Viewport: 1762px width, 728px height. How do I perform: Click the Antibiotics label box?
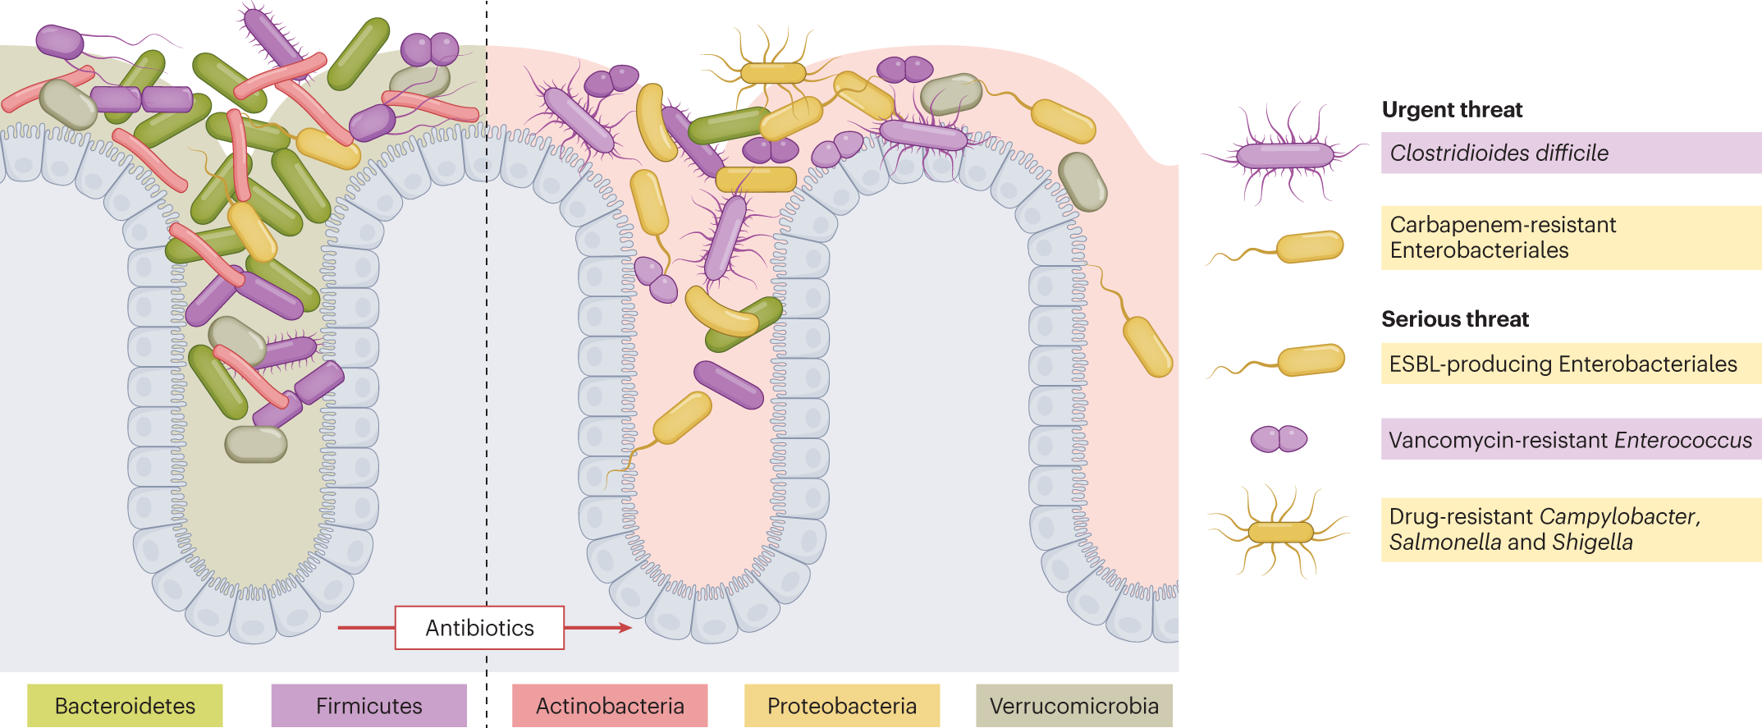click(x=479, y=628)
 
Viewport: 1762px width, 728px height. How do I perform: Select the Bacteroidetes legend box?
click(x=125, y=706)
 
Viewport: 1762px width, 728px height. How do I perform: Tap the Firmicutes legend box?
click(x=368, y=706)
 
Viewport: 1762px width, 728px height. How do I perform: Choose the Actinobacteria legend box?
click(x=609, y=706)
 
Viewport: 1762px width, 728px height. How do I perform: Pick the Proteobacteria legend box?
click(x=841, y=706)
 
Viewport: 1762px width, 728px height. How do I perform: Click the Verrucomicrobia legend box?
click(x=1073, y=706)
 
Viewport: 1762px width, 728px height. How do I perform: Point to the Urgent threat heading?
click(x=1452, y=110)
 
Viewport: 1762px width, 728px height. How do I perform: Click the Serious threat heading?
click(x=1455, y=319)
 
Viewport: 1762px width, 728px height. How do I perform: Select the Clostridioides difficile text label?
click(x=1499, y=153)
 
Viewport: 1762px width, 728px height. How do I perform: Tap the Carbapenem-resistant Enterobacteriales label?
click(x=1502, y=237)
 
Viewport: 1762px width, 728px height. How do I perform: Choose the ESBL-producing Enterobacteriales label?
click(x=1563, y=364)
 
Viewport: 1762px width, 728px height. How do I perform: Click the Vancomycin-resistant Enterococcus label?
click(x=1569, y=440)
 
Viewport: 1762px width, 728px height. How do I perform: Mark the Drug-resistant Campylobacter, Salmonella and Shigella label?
click(x=1543, y=529)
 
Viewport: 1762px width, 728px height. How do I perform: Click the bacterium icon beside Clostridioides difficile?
click(x=1284, y=154)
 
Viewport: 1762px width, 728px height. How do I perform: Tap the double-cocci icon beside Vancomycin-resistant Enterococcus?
click(x=1279, y=439)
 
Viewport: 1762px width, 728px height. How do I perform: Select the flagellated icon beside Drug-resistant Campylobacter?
click(x=1280, y=532)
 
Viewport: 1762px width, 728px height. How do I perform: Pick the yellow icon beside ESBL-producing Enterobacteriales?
click(x=1311, y=360)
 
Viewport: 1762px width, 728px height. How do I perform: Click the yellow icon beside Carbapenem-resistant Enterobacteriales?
click(x=1310, y=246)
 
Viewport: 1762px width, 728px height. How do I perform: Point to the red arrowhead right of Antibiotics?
click(x=625, y=628)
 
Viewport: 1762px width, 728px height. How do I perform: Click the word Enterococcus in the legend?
click(x=1682, y=440)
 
